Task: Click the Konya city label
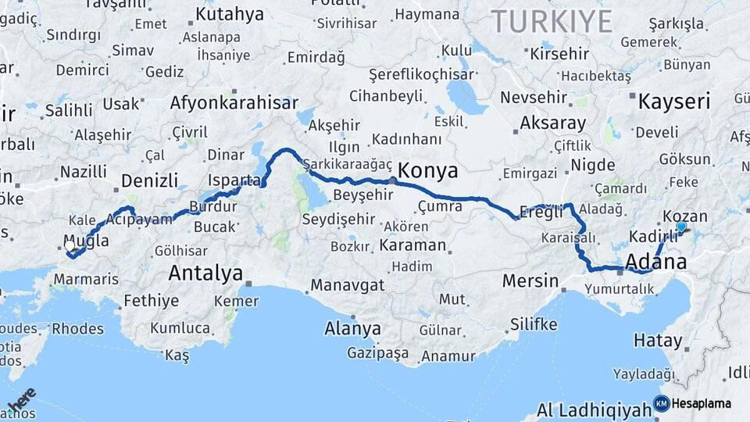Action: pos(428,170)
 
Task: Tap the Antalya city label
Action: pos(205,274)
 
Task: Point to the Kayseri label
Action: pos(674,102)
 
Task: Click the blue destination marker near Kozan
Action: pos(681,227)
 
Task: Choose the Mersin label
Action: pos(530,281)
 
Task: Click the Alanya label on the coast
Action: pos(352,328)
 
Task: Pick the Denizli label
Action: pos(150,181)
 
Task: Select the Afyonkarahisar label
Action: pos(234,103)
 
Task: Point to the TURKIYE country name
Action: pos(551,21)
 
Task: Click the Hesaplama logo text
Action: pos(702,404)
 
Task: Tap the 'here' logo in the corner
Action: pos(21,399)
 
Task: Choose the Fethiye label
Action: pos(152,301)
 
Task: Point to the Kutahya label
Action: pos(230,14)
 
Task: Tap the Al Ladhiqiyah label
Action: pos(594,409)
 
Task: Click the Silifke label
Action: pos(534,324)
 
